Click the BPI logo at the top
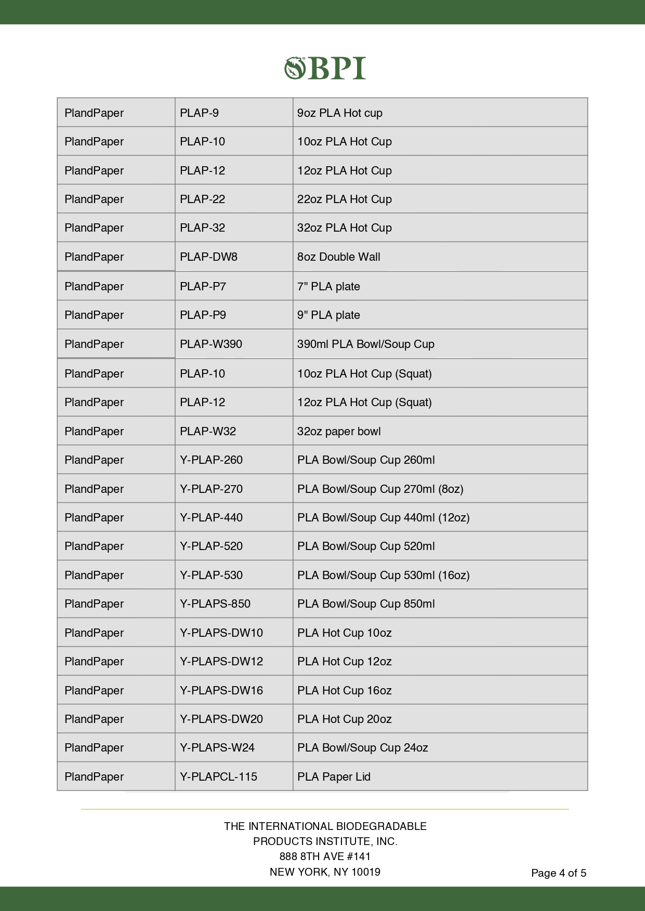(x=325, y=69)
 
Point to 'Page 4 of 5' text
(x=558, y=873)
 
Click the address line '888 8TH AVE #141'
(x=325, y=856)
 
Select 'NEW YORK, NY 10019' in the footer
(x=325, y=872)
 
